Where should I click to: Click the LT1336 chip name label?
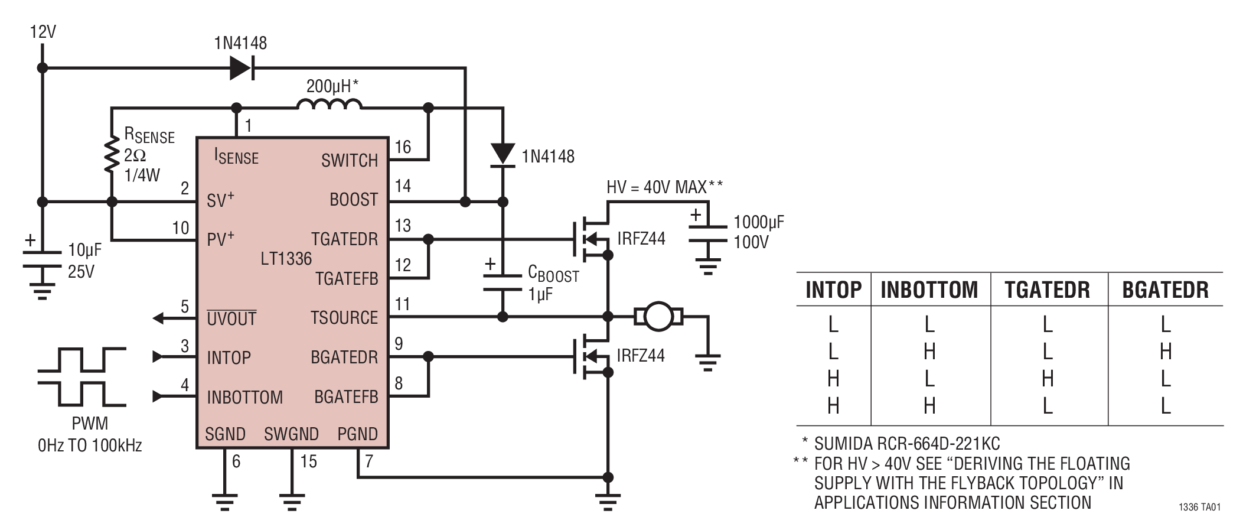pyautogui.click(x=286, y=259)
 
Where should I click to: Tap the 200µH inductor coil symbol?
pyautogui.click(x=328, y=105)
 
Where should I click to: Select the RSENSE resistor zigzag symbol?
pyautogui.click(x=111, y=154)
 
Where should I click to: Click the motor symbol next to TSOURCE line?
pyautogui.click(x=658, y=317)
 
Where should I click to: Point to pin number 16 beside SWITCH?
pyautogui.click(x=403, y=147)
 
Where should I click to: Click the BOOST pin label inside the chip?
pyautogui.click(x=353, y=200)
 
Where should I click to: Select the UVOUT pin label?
pyautogui.click(x=231, y=319)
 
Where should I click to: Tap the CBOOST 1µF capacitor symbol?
pyautogui.click(x=502, y=282)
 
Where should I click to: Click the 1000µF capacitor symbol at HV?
pyautogui.click(x=707, y=233)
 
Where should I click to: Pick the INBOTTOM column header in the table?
pyautogui.click(x=929, y=290)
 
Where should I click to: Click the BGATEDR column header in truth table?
pyautogui.click(x=1165, y=290)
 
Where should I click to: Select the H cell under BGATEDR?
pyautogui.click(x=1165, y=352)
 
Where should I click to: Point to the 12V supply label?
pyautogui.click(x=43, y=31)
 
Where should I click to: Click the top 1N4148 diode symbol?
pyautogui.click(x=241, y=68)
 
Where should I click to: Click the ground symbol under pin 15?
pyautogui.click(x=291, y=502)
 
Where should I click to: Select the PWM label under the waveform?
pyautogui.click(x=90, y=424)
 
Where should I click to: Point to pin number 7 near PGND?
pyautogui.click(x=369, y=461)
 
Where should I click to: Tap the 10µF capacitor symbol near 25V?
pyautogui.click(x=41, y=259)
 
